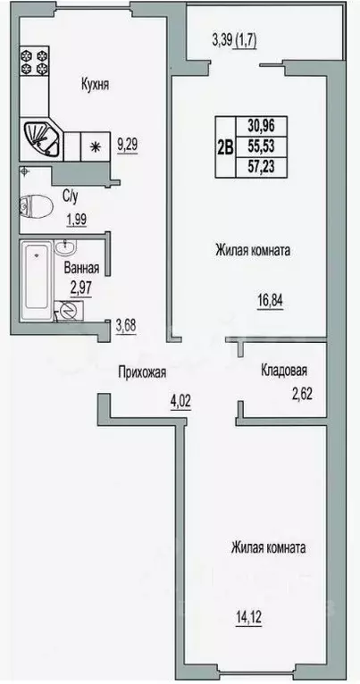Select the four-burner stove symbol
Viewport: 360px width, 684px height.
38,63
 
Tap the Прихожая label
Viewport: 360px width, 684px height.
142,376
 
